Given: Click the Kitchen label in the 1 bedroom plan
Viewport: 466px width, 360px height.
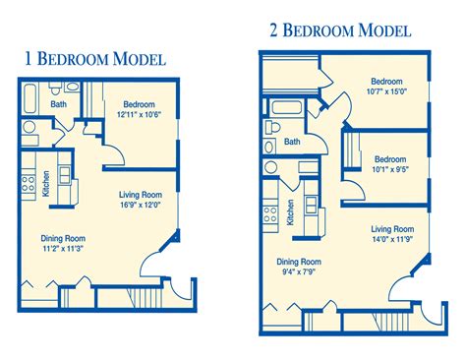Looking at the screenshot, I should [46, 183].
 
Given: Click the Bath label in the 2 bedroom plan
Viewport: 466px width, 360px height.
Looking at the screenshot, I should [292, 142].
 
